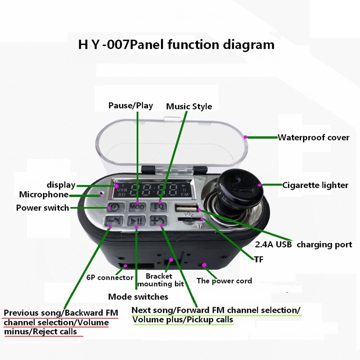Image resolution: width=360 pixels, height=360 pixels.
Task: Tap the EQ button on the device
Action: pos(158,207)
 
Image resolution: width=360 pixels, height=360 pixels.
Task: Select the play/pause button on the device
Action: pos(135,220)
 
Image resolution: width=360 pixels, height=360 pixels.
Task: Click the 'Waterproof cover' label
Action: pos(313,137)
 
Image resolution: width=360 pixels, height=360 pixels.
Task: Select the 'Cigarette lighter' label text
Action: pos(315,185)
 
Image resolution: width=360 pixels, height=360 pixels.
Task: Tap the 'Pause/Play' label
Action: pos(130,106)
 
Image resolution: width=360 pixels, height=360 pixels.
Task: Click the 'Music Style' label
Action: pos(189,107)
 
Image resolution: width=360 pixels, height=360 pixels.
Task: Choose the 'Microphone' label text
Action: pos(44,194)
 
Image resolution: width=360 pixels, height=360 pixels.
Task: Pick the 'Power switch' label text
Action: pos(42,207)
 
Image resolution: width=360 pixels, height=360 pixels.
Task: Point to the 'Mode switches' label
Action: pos(138,297)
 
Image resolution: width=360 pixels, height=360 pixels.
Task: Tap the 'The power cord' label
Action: pos(224,281)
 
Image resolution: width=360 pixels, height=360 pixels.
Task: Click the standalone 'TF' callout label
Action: pos(258,260)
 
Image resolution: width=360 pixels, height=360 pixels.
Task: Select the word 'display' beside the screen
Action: pos(61,185)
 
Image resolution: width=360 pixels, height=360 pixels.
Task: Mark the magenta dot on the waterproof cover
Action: pos(245,137)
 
